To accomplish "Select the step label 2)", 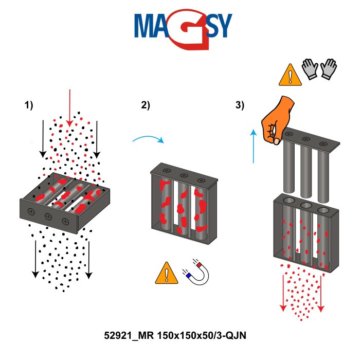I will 146,105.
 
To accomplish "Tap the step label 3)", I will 240,105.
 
